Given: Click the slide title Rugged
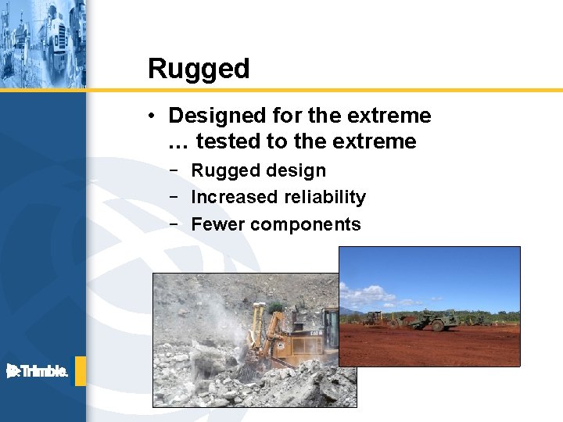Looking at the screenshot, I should pyautogui.click(x=199, y=70).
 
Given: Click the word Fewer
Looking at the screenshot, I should pyautogui.click(x=217, y=224).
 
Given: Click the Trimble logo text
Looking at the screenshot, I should pyautogui.click(x=44, y=372).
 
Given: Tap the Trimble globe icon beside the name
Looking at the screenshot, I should pyautogui.click(x=13, y=371).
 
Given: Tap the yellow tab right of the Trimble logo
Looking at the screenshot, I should pyautogui.click(x=80, y=371).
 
